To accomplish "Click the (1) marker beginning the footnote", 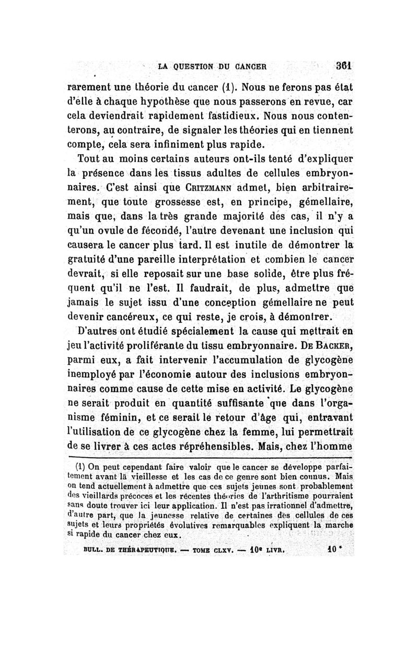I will [80, 466].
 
